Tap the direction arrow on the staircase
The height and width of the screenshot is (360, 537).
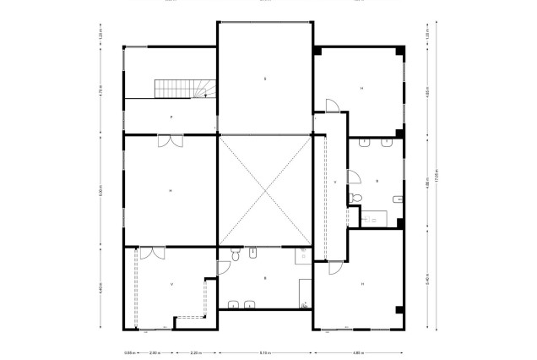[x=204, y=95]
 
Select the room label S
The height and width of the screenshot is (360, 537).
[x=264, y=79]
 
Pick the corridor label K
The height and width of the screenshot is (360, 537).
[x=335, y=182]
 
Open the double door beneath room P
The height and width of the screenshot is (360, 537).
[x=170, y=141]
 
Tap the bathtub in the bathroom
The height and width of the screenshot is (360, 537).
[x=372, y=217]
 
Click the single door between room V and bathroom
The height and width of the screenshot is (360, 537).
[x=223, y=267]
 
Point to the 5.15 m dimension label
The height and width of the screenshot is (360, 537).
[x=264, y=352]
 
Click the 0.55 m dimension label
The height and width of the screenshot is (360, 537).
[x=129, y=352]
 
